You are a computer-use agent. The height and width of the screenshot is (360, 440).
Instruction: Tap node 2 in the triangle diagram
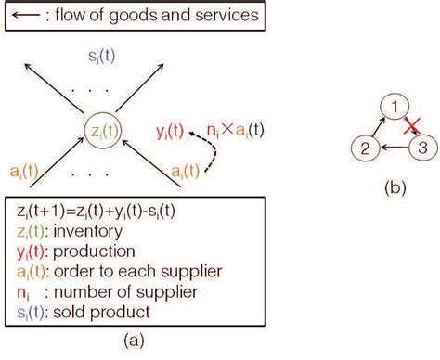coord(368,148)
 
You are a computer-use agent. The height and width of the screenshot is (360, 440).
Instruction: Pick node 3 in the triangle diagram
coord(423,148)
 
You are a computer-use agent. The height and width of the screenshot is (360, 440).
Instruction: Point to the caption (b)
coord(395,186)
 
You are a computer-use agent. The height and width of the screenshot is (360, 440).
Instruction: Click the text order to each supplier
coord(131,272)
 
